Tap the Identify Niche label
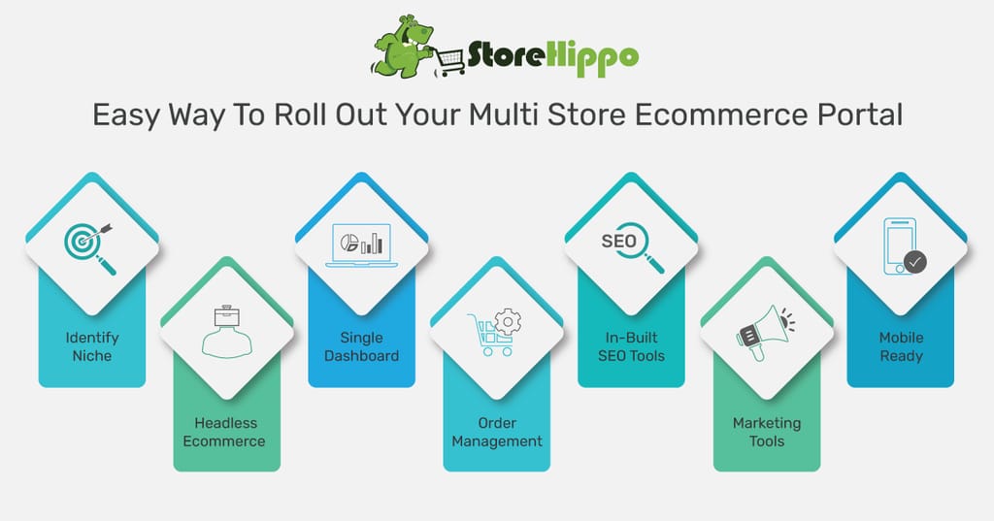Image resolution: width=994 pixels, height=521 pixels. [x=92, y=346]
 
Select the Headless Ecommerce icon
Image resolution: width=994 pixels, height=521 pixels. [x=227, y=332]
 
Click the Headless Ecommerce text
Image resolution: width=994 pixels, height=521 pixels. [x=224, y=433]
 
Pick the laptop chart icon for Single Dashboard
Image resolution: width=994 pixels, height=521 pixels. [x=361, y=245]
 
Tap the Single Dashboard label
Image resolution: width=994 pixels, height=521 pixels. [x=361, y=346]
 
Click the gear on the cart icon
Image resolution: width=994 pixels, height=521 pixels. [x=507, y=322]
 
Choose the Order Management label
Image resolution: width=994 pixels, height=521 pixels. [x=497, y=433]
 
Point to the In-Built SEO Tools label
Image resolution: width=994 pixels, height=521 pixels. [x=631, y=346]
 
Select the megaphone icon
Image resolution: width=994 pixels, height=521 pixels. [x=766, y=333]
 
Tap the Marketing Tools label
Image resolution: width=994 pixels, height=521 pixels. [x=767, y=433]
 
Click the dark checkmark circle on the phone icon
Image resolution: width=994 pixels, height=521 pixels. [x=915, y=261]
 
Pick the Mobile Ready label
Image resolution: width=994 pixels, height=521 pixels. [x=902, y=346]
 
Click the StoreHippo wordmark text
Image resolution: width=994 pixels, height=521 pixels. [x=552, y=57]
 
